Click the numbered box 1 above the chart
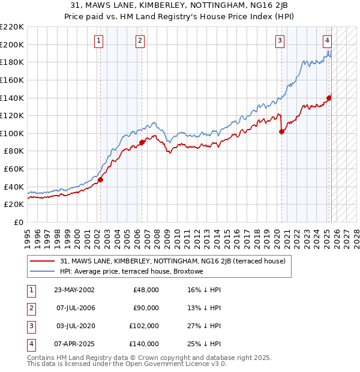coord(98,41)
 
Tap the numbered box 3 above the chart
coord(280,41)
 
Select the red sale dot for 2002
coord(100,179)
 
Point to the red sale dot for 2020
coord(281,132)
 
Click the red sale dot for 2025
coord(329,98)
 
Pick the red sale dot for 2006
coord(142,142)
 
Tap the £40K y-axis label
coord(14,187)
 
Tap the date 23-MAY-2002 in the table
coord(74,289)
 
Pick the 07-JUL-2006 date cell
coord(74,308)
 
